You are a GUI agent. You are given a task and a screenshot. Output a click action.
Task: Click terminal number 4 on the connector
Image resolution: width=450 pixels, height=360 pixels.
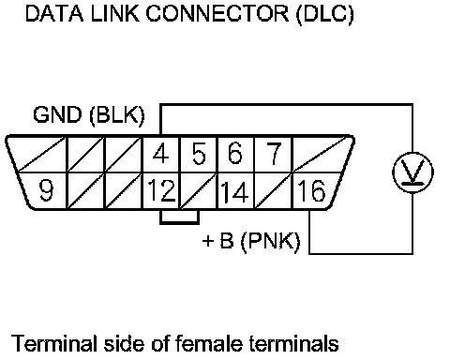[x=161, y=154]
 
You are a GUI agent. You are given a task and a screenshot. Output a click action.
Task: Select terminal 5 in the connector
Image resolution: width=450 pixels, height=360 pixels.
[x=199, y=154]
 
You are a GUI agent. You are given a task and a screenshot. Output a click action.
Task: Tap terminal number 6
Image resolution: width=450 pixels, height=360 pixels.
[x=235, y=154]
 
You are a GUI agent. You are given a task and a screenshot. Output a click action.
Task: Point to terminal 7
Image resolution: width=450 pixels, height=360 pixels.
[x=273, y=154]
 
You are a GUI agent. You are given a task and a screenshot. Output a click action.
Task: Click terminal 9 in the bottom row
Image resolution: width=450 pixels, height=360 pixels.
[x=46, y=190]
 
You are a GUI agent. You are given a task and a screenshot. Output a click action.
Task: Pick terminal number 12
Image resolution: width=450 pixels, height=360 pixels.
[x=161, y=190]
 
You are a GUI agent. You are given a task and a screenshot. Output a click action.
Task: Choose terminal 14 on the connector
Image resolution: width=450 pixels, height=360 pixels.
[x=235, y=190]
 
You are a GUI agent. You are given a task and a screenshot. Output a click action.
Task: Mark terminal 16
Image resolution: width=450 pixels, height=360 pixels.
[x=311, y=190]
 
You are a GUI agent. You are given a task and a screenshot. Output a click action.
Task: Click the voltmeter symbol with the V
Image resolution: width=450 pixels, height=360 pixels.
[x=412, y=172]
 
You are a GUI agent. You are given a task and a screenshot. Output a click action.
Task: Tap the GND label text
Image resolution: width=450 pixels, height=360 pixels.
[x=57, y=114]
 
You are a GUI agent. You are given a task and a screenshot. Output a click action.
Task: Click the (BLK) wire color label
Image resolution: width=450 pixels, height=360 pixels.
[x=117, y=115]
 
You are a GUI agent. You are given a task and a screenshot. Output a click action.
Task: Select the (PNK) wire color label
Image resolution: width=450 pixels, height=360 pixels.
[x=271, y=241]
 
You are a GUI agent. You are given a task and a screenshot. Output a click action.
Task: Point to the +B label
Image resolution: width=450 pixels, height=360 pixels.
[x=217, y=241]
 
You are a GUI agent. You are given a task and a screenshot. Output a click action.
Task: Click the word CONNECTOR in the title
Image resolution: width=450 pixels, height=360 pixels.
[x=217, y=14]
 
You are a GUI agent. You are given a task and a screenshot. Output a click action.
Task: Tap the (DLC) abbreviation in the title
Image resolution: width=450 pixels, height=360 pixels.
[x=325, y=14]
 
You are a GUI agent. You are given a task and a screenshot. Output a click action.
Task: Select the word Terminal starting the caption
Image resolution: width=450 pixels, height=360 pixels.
[x=53, y=343]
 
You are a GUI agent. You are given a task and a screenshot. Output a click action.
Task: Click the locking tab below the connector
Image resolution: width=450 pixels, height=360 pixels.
[x=180, y=217]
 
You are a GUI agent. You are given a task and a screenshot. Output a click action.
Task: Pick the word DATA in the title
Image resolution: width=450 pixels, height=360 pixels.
[x=54, y=14]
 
